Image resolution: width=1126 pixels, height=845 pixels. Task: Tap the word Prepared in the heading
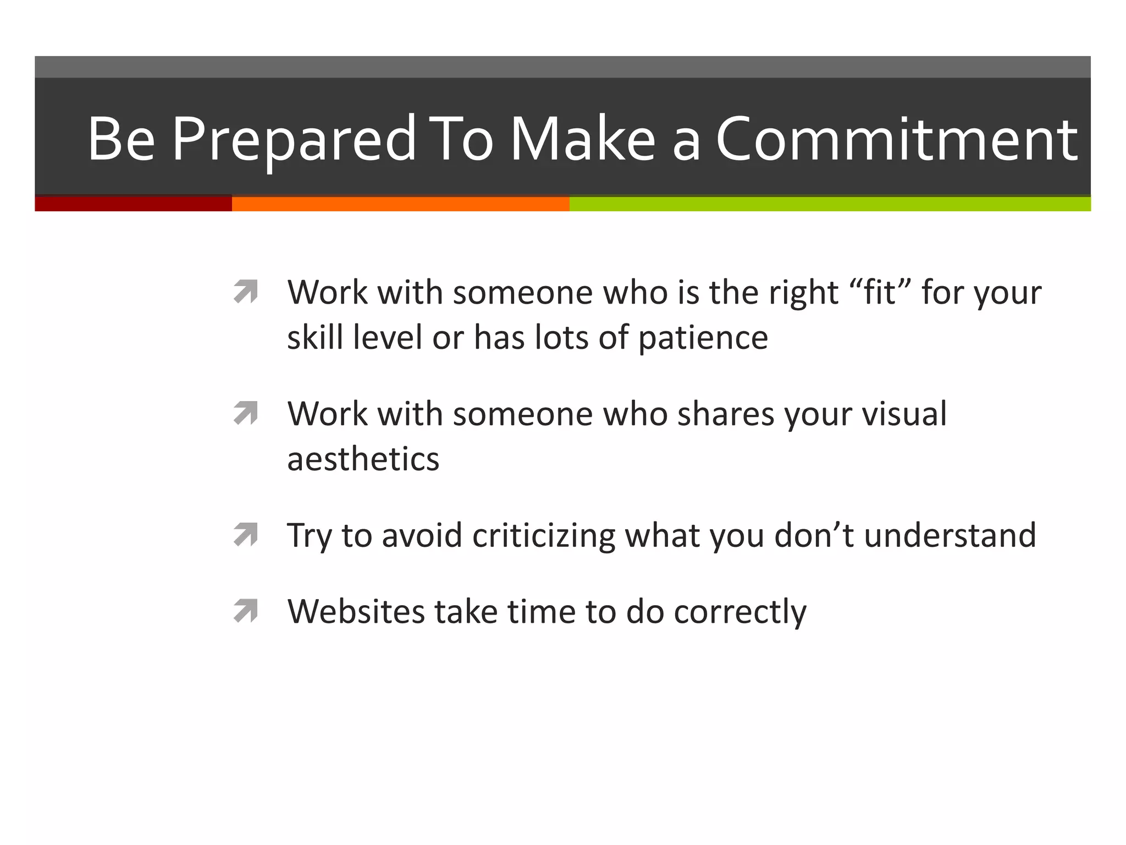coord(294,140)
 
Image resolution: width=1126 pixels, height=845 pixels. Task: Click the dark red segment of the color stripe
coord(133,204)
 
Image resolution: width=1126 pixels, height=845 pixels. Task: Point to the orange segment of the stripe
coord(400,204)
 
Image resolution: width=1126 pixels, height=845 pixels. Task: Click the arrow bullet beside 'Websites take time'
coord(246,611)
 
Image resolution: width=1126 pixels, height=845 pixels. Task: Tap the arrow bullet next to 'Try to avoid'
coord(246,534)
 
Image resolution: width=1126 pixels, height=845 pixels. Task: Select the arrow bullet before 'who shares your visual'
coord(246,413)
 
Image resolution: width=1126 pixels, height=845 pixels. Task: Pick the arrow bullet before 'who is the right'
coord(246,292)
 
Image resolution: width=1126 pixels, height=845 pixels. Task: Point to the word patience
coord(703,338)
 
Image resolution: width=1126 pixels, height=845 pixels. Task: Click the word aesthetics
coord(363,459)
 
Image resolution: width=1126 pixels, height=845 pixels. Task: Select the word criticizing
coord(544,535)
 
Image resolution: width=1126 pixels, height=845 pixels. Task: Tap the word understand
coord(950,535)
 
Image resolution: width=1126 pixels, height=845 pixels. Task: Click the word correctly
coord(740,612)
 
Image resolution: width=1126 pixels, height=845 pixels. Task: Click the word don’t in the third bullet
coord(814,535)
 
